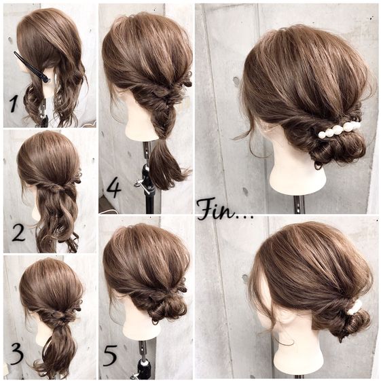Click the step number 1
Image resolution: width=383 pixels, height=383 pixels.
(14, 104)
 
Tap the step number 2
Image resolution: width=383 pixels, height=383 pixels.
(18, 233)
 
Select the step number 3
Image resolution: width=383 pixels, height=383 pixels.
(17, 354)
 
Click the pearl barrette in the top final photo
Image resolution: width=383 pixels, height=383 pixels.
(340, 129)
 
